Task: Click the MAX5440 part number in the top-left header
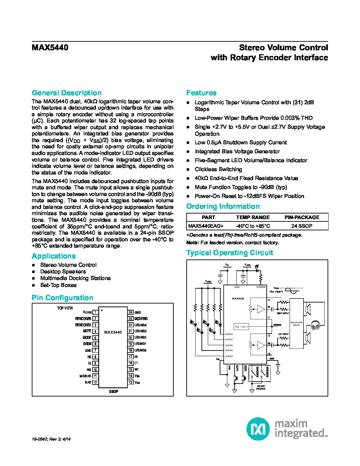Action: [x=50, y=48]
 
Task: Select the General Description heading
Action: [x=67, y=93]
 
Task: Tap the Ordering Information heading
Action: [x=223, y=207]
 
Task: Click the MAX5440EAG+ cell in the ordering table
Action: [x=206, y=226]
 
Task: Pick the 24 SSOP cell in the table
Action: [x=302, y=226]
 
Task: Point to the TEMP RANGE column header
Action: [x=253, y=217]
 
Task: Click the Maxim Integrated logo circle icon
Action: [x=258, y=429]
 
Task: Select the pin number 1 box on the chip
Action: [x=95, y=312]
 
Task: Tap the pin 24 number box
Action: [x=130, y=312]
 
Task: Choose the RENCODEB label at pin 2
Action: [x=83, y=319]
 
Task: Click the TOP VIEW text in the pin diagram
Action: [x=65, y=308]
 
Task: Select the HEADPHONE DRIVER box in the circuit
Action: [x=296, y=324]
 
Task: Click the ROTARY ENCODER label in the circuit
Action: [x=261, y=387]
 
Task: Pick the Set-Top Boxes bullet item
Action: [x=58, y=285]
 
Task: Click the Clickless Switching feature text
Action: [x=218, y=169]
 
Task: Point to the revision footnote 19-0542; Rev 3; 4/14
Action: [x=51, y=439]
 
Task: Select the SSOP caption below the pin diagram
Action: [x=113, y=392]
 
